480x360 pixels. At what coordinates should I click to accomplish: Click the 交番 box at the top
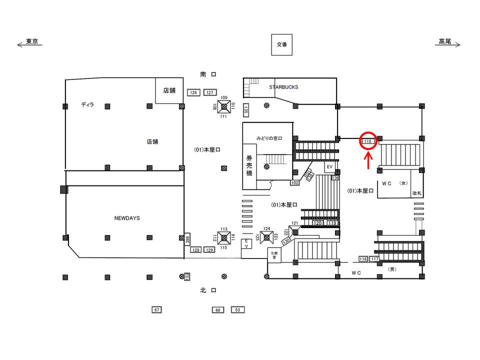(281, 44)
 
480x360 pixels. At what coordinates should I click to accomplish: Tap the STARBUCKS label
(283, 87)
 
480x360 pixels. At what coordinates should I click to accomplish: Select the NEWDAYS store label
(127, 218)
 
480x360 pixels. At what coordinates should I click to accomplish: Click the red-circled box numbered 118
(368, 141)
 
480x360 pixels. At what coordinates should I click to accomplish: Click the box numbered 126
(193, 92)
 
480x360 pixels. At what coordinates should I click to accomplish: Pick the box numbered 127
(209, 92)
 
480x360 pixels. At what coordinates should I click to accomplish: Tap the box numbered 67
(157, 310)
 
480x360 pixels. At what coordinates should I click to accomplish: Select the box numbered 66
(217, 310)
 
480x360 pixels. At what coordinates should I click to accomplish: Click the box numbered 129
(209, 249)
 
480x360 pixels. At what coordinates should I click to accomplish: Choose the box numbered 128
(196, 249)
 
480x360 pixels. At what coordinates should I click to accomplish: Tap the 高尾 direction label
(445, 42)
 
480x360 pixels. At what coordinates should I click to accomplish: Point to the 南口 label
(207, 74)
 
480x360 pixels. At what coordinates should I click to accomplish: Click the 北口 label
(207, 289)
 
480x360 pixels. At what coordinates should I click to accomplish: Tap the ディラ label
(87, 104)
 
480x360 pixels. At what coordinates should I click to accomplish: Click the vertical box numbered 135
(246, 109)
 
